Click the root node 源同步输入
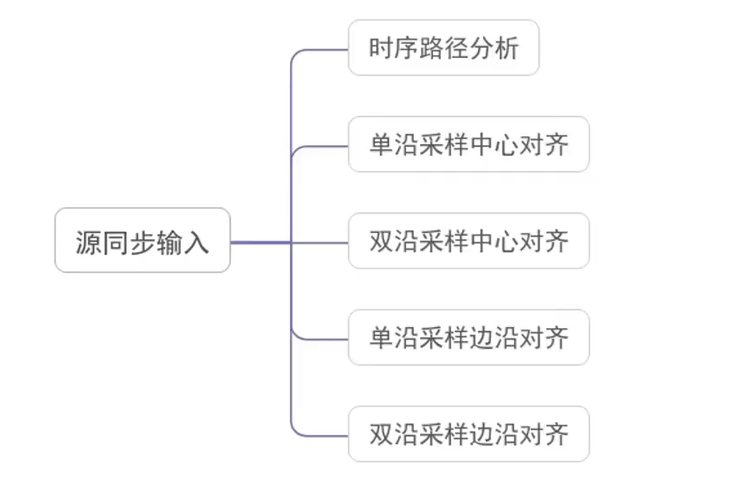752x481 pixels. [x=142, y=240]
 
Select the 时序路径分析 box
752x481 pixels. [x=444, y=48]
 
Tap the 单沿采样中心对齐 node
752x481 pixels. [x=468, y=144]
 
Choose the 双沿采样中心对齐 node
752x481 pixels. [x=468, y=241]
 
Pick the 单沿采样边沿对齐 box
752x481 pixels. [x=468, y=338]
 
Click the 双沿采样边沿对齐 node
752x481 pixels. [x=468, y=434]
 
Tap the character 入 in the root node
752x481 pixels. [x=197, y=241]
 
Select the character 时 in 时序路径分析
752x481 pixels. [x=380, y=48]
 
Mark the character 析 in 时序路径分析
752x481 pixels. [x=507, y=48]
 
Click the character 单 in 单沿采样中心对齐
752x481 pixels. [x=380, y=144]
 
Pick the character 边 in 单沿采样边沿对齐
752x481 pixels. [x=481, y=338]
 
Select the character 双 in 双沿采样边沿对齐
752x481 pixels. [x=380, y=434]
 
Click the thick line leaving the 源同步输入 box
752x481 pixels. [x=259, y=242]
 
